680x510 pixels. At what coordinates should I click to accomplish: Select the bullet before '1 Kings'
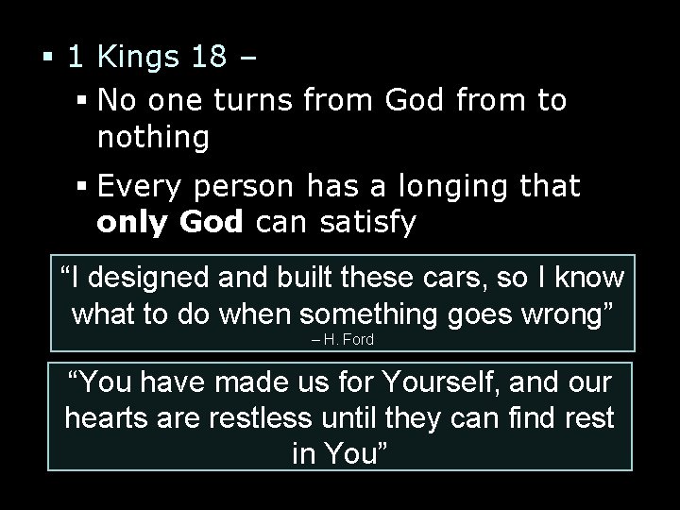pyautogui.click(x=46, y=59)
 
